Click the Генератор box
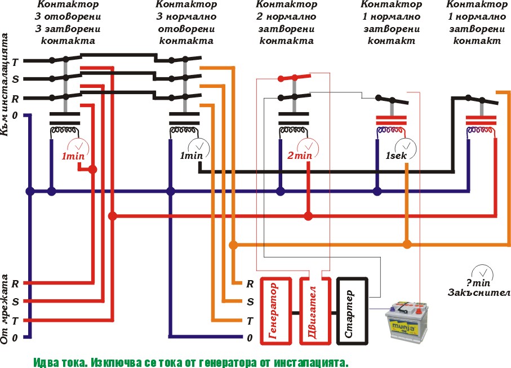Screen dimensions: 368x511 point(275,311)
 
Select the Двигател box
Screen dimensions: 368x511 point(311,311)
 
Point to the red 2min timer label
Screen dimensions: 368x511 point(300,156)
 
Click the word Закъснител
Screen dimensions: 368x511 point(479,292)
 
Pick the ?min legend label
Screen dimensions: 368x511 point(480,282)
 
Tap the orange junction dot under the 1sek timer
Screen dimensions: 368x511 point(407,245)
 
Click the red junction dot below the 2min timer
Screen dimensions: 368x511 point(308,216)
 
